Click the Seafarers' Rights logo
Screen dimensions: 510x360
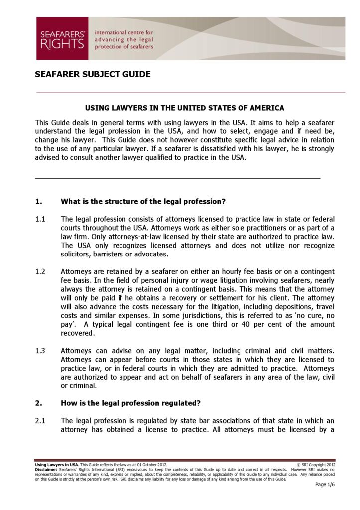pyautogui.click(x=62, y=39)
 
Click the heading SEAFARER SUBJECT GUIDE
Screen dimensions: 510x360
pyautogui.click(x=93, y=75)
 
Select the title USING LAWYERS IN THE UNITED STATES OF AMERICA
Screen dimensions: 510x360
pyautogui.click(x=184, y=108)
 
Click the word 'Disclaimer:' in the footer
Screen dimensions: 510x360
pyautogui.click(x=46, y=470)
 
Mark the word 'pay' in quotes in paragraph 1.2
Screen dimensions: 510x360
pyautogui.click(x=67, y=324)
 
